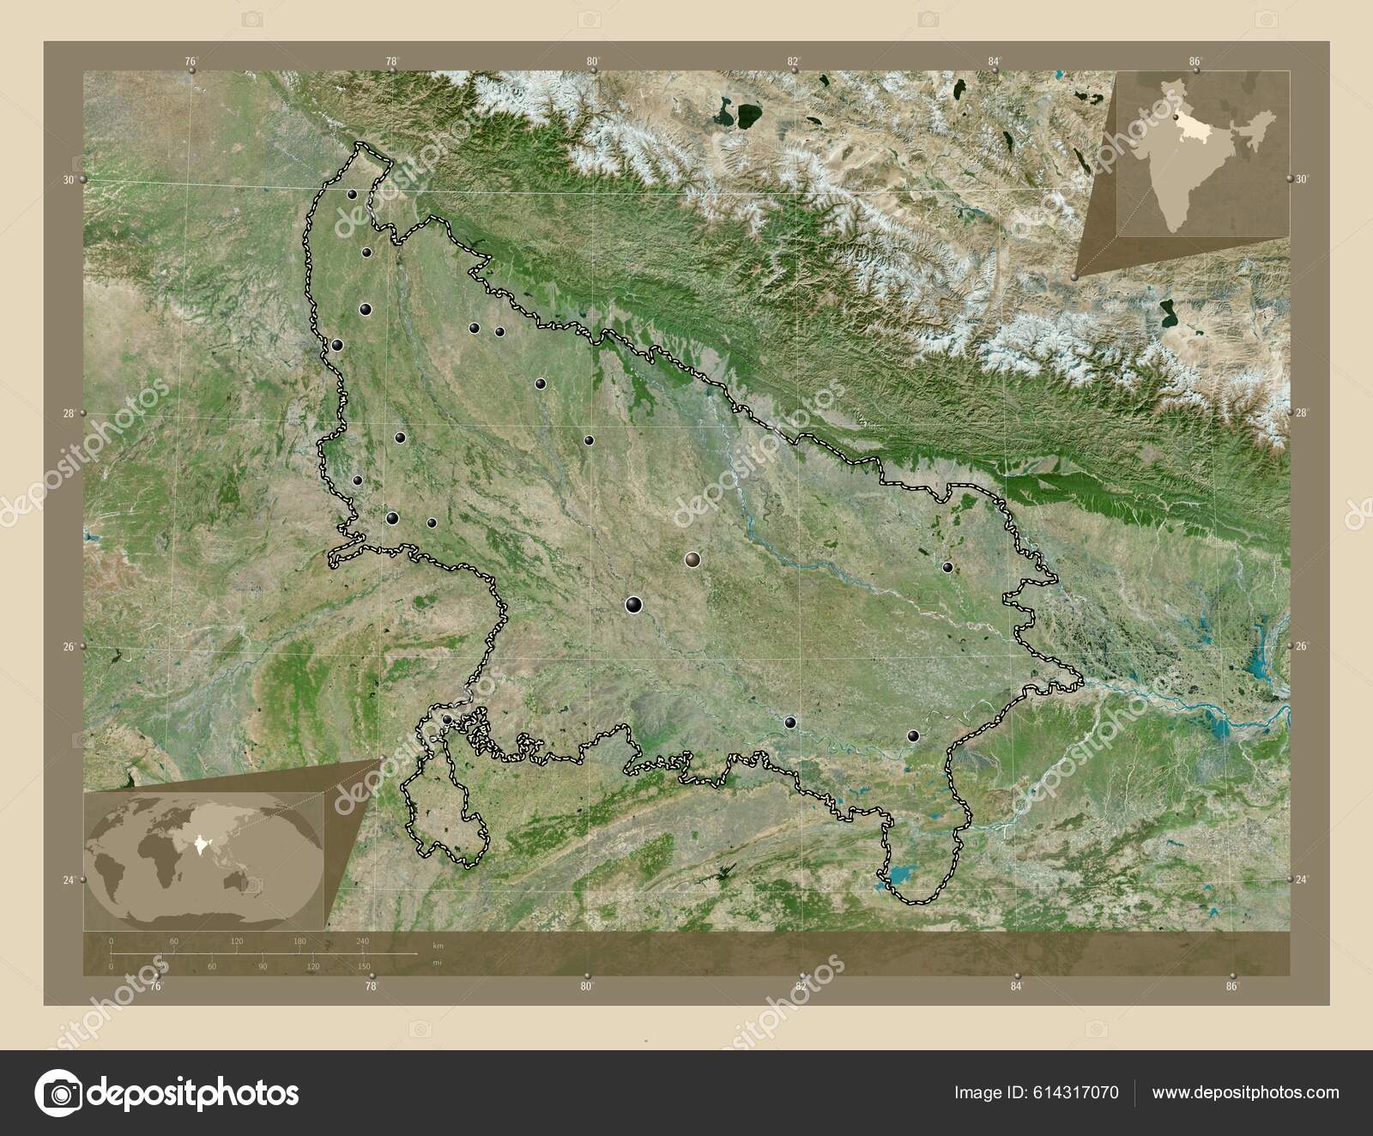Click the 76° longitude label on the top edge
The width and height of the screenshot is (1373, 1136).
191,61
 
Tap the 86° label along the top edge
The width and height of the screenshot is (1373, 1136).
1195,61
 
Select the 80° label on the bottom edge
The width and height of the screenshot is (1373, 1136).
587,987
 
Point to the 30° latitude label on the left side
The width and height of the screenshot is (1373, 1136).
68,180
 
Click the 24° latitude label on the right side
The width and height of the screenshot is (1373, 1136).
1303,879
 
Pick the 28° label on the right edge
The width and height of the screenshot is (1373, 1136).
1303,414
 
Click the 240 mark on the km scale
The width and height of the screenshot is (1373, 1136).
362,942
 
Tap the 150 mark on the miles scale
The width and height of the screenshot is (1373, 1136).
364,967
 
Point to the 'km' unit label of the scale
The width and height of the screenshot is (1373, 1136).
438,946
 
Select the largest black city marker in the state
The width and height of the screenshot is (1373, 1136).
634,605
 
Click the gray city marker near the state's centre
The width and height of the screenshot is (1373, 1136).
693,559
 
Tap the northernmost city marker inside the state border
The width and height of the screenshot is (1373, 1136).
352,194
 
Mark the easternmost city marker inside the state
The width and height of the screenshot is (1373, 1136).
947,567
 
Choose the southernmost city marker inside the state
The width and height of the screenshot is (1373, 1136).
913,735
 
